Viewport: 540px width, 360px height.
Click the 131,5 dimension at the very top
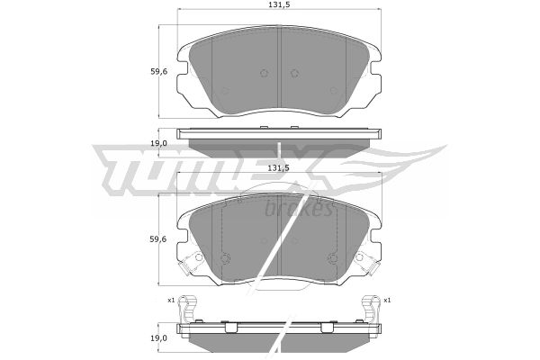[279, 4]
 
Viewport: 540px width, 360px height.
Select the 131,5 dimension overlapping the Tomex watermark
[279, 167]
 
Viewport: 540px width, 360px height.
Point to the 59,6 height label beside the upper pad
[158, 72]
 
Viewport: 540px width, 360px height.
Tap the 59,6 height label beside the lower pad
[158, 239]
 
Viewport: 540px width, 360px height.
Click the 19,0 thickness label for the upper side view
[158, 143]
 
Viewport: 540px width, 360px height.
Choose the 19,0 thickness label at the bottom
[158, 338]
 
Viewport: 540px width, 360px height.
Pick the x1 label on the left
[171, 301]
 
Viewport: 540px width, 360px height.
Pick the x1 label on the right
[387, 301]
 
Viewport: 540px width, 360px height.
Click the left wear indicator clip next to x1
[188, 308]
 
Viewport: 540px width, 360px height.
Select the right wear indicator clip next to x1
[370, 308]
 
